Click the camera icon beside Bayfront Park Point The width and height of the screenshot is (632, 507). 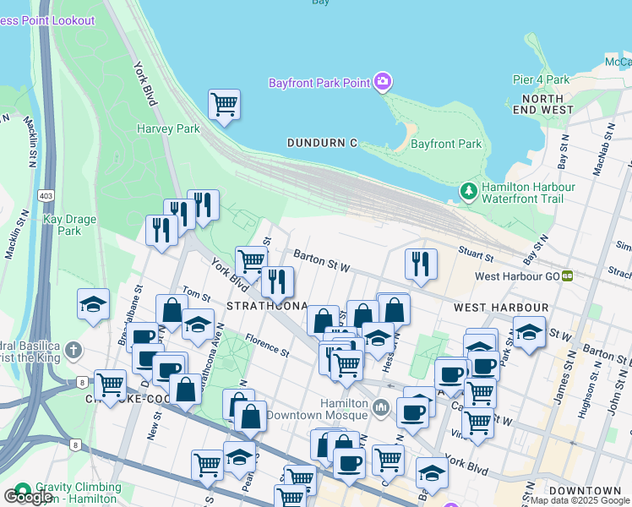383,81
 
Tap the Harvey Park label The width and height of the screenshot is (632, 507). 168,128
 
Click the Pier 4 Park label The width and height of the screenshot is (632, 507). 541,79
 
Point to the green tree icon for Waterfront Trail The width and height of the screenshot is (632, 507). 469,193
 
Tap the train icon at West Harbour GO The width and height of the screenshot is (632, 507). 568,275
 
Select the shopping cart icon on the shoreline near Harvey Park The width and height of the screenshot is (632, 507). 224,105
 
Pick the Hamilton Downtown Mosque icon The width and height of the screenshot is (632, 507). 381,409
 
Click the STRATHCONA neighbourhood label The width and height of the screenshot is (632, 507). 266,304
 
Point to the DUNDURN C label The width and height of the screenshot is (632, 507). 321,143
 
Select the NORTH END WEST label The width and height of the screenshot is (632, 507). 542,105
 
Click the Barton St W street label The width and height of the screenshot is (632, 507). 321,255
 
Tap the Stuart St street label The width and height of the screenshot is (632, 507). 477,253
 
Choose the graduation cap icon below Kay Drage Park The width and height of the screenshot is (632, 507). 93,305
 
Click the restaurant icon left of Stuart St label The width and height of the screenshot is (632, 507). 420,264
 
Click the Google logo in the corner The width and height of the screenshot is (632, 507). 27,497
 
